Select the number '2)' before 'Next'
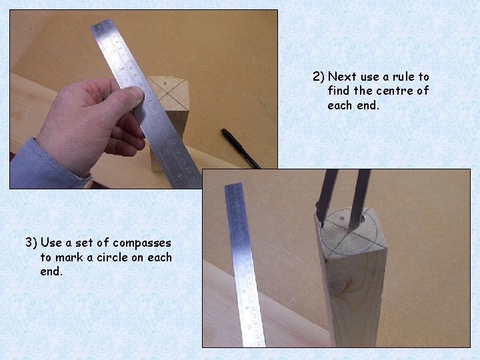318,77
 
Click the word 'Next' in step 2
342,77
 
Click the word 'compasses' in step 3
142,243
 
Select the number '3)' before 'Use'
31,243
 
